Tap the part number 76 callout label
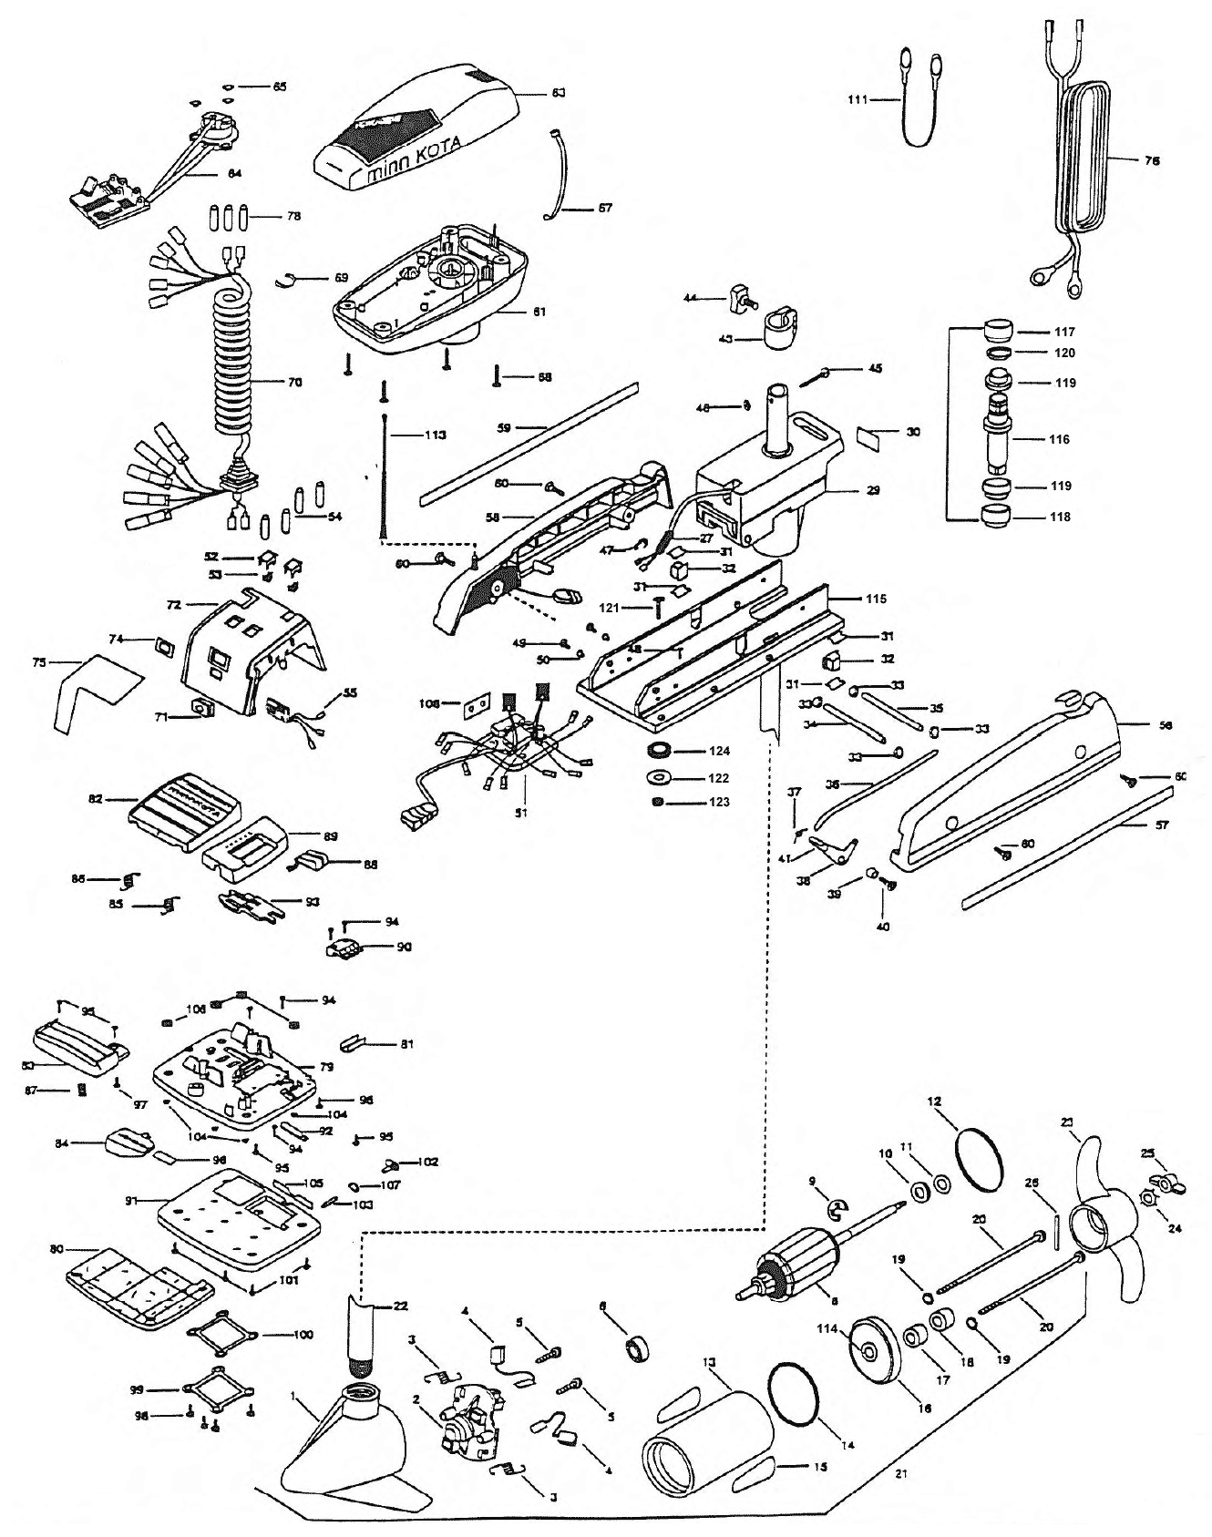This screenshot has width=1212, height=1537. [1152, 159]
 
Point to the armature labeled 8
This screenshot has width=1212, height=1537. [793, 1259]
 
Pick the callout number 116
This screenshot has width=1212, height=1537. [1059, 439]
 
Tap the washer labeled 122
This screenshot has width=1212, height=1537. [655, 778]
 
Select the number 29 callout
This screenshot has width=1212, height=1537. [872, 490]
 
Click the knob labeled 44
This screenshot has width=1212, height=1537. [740, 297]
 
